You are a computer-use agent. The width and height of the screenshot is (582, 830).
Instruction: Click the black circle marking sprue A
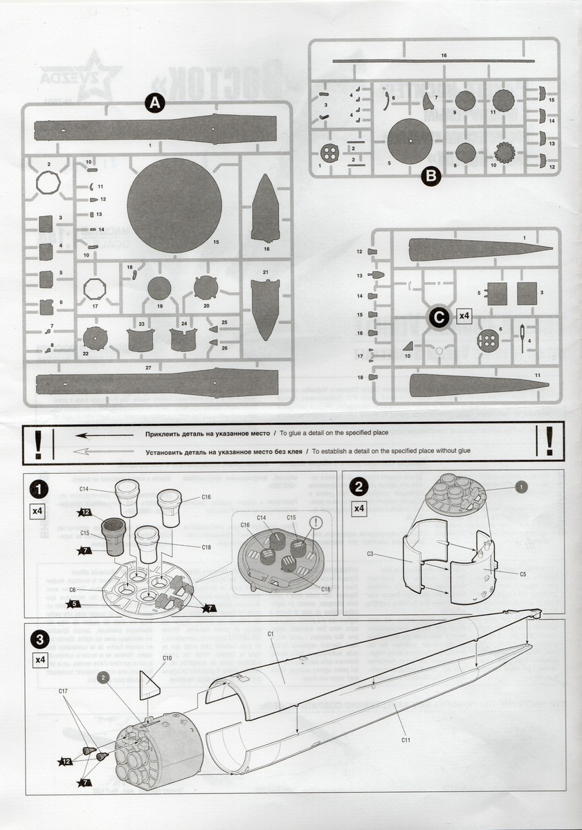(154, 104)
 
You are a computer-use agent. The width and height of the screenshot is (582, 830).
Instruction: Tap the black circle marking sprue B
(430, 176)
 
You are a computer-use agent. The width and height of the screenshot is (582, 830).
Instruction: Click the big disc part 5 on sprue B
(410, 142)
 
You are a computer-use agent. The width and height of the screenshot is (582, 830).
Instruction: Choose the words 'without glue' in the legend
(452, 450)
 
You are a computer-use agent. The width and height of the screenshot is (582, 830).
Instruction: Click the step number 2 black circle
(359, 487)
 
